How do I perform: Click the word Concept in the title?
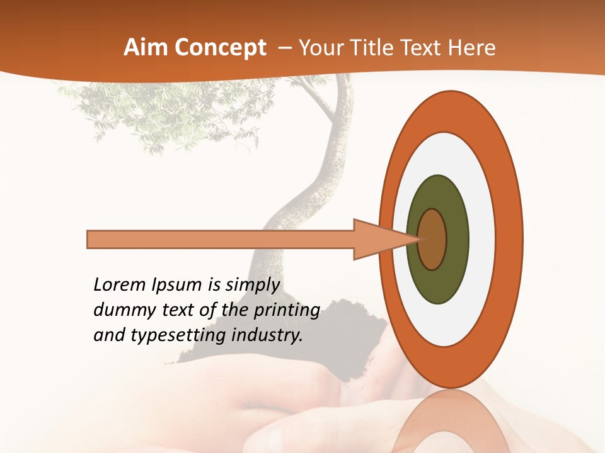pos(219,48)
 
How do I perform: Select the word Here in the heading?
pos(471,48)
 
